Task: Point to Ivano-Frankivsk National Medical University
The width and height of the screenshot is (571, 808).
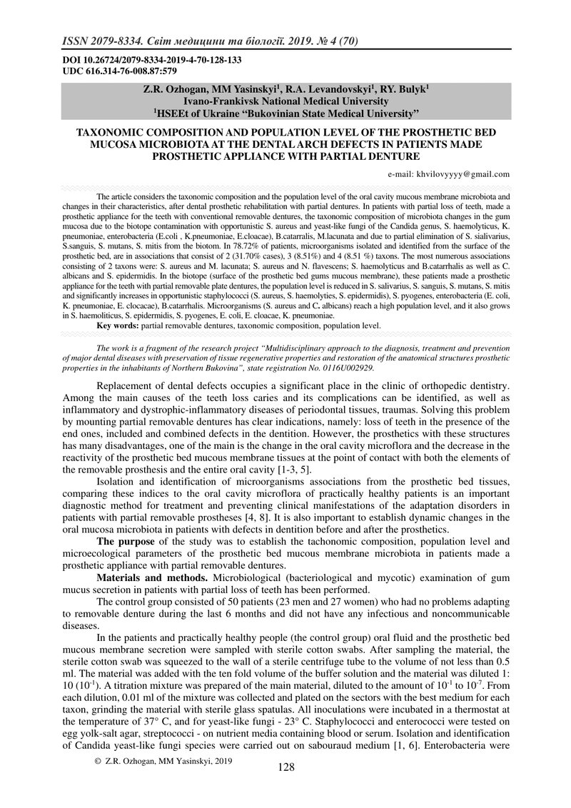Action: [286, 101]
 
